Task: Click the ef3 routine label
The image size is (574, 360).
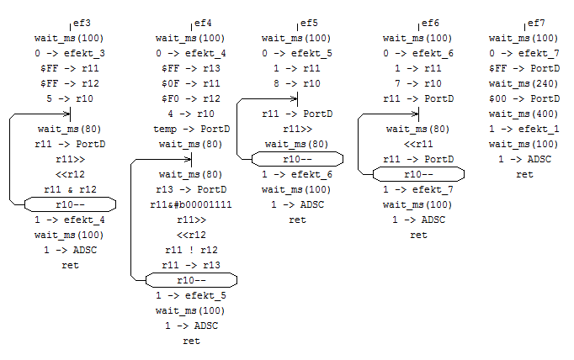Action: pyautogui.click(x=82, y=23)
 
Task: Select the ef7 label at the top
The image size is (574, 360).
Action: pyautogui.click(x=535, y=23)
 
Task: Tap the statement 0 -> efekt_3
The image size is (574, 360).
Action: pyautogui.click(x=70, y=53)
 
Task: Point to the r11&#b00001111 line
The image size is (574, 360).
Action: pyautogui.click(x=191, y=204)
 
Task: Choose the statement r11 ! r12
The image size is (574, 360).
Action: pyautogui.click(x=191, y=250)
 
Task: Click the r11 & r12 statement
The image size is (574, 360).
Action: pyautogui.click(x=70, y=189)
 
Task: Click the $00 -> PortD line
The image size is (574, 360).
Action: pyautogui.click(x=524, y=98)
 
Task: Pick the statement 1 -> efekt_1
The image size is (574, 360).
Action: pyautogui.click(x=524, y=129)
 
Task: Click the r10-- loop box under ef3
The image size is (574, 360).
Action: pyautogui.click(x=70, y=204)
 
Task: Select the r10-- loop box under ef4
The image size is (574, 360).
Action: pyautogui.click(x=191, y=280)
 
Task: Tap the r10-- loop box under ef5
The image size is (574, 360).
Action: pyautogui.click(x=297, y=159)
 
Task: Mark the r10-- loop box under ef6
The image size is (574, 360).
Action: pyautogui.click(x=418, y=174)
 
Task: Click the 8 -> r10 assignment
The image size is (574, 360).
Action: pyautogui.click(x=297, y=83)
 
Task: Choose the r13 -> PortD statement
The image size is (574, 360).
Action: pyautogui.click(x=191, y=189)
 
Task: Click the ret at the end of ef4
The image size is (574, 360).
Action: pyautogui.click(x=191, y=341)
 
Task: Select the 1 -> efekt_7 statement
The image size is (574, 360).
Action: pyautogui.click(x=418, y=189)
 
